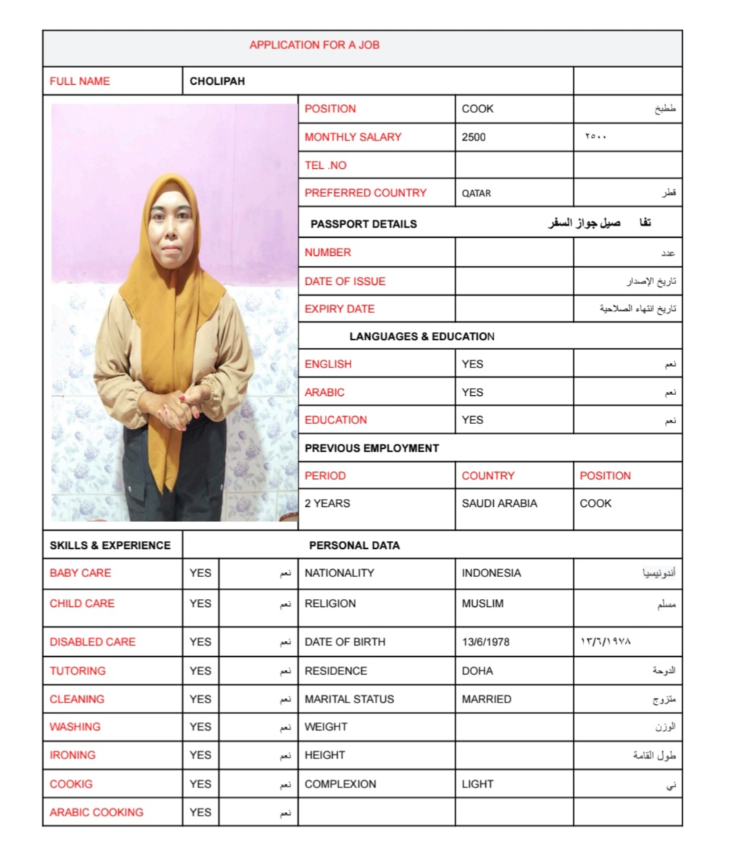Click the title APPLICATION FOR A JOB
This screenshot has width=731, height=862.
pyautogui.click(x=314, y=45)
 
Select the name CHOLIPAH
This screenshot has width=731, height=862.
pyautogui.click(x=217, y=81)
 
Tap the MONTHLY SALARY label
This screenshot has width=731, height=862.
pyautogui.click(x=352, y=137)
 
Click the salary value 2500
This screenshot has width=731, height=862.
pyautogui.click(x=474, y=137)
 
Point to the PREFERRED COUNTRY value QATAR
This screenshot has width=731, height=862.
pyautogui.click(x=476, y=194)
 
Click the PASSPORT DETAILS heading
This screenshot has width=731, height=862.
pyautogui.click(x=363, y=224)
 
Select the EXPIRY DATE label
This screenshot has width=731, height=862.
pyautogui.click(x=339, y=309)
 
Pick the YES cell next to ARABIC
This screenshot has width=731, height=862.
pyautogui.click(x=472, y=392)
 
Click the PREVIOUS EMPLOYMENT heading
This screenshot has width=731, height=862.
pyautogui.click(x=371, y=448)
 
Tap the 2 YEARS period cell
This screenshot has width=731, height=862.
pyautogui.click(x=327, y=503)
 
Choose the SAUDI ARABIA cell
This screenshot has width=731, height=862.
pyautogui.click(x=499, y=503)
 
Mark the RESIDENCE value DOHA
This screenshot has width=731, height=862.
pyautogui.click(x=477, y=671)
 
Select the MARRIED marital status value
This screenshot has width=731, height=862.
pyautogui.click(x=486, y=699)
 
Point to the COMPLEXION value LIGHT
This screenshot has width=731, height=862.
pyautogui.click(x=477, y=784)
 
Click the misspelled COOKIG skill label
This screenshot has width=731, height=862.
pyautogui.click(x=71, y=784)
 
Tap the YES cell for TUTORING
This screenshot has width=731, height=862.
pyautogui.click(x=200, y=671)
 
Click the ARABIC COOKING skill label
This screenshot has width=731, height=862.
pyautogui.click(x=96, y=812)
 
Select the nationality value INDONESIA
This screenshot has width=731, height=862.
pyautogui.click(x=491, y=573)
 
